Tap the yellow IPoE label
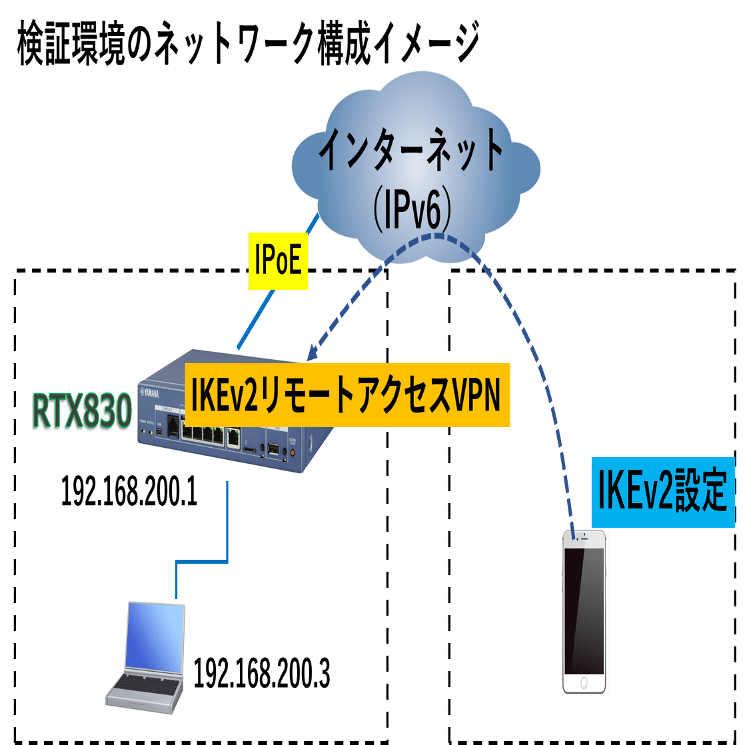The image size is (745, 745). pos(278,261)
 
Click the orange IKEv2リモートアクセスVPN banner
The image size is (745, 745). pos(347,395)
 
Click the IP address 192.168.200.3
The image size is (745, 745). pos(261,676)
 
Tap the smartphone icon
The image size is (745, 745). pos(584,613)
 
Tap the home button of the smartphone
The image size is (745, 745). pos(584,684)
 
